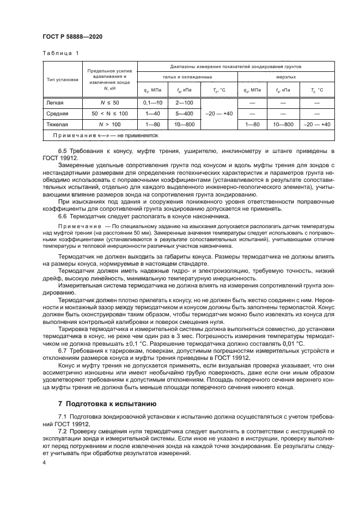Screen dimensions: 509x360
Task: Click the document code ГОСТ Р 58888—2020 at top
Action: point(72,36)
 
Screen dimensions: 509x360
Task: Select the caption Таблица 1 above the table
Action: point(60,53)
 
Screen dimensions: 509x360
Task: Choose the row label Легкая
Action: point(53,102)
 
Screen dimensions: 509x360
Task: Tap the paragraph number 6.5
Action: point(63,150)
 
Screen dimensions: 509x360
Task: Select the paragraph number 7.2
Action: point(63,430)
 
